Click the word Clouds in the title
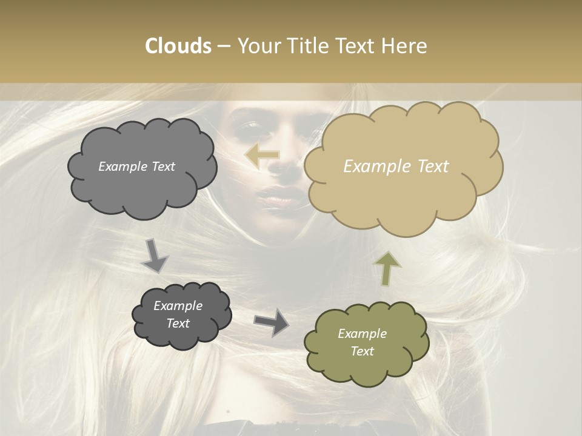click(x=178, y=46)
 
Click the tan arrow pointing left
click(x=262, y=156)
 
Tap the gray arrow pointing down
click(x=155, y=255)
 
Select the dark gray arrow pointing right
click(x=271, y=322)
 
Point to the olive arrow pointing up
click(x=387, y=268)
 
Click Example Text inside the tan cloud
click(x=396, y=167)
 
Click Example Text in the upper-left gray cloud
click(x=136, y=167)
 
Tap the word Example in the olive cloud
click(x=362, y=334)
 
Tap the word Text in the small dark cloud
click(x=178, y=323)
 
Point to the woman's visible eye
click(x=249, y=127)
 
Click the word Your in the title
click(x=258, y=46)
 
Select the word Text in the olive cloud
click(x=362, y=351)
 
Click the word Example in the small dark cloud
click(x=178, y=306)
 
